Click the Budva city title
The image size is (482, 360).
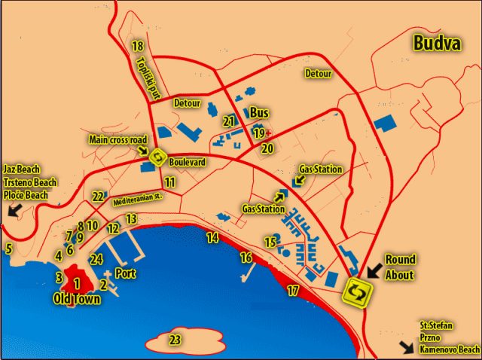(437, 43)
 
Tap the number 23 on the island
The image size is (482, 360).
(175, 340)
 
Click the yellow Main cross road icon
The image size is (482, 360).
(157, 157)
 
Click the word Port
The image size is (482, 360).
(126, 274)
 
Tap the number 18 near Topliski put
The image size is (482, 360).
(137, 47)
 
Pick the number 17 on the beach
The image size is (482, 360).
(293, 290)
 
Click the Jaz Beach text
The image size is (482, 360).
(21, 169)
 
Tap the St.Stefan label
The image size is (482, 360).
(436, 325)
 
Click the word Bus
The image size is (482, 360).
(259, 112)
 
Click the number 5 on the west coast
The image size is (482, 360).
(9, 248)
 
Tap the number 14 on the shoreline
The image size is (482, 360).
(213, 238)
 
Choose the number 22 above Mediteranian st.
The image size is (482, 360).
(98, 197)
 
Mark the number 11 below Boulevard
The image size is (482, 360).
(170, 182)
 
